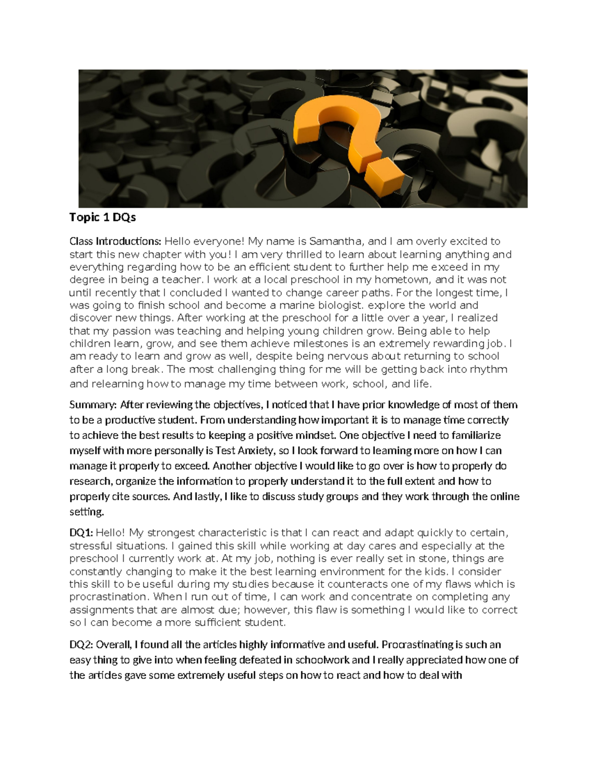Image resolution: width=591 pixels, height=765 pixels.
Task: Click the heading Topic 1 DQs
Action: pos(102,217)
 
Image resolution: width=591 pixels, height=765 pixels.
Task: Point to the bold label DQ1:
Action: pos(81,533)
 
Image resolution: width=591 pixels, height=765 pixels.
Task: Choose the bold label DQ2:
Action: pos(81,645)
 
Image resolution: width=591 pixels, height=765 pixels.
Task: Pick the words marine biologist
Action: pos(328,305)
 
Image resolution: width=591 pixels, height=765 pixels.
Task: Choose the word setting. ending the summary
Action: pos(87,512)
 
